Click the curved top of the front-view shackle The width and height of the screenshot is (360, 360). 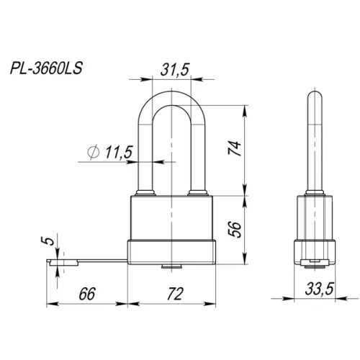[x=173, y=92]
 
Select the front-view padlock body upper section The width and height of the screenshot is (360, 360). [x=172, y=217]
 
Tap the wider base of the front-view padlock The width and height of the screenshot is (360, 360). [x=172, y=253]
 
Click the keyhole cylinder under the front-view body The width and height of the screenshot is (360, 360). [x=172, y=269]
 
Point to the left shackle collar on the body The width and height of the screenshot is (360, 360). [x=143, y=193]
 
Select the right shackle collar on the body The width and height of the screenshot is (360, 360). [x=199, y=193]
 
